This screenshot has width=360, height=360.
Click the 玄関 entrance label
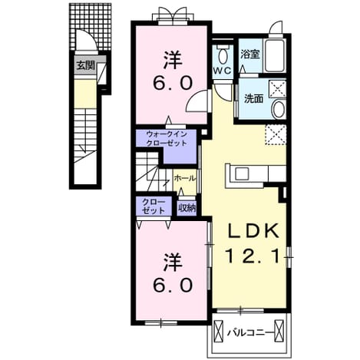click(x=86, y=66)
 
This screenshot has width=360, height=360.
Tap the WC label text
click(x=223, y=71)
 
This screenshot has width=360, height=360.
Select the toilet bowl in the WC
click(x=223, y=54)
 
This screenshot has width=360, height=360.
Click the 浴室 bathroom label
click(x=250, y=54)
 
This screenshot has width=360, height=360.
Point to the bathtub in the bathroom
click(x=275, y=55)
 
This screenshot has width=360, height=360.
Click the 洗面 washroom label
click(x=254, y=98)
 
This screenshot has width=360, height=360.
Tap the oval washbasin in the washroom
click(x=279, y=110)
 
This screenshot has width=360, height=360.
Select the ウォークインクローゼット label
click(x=167, y=138)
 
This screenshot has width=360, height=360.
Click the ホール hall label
click(x=185, y=179)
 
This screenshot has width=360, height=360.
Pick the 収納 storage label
click(x=187, y=208)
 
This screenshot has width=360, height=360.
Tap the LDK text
click(x=253, y=231)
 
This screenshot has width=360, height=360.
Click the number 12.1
click(x=252, y=256)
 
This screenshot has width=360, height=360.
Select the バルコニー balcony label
click(x=249, y=332)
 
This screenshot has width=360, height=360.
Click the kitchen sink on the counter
click(x=242, y=174)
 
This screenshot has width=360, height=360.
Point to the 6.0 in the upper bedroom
click(x=173, y=84)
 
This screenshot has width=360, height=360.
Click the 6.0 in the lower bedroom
click(x=173, y=285)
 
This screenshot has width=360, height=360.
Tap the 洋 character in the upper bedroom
click(x=173, y=60)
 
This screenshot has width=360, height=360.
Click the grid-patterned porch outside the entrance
click(x=91, y=27)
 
